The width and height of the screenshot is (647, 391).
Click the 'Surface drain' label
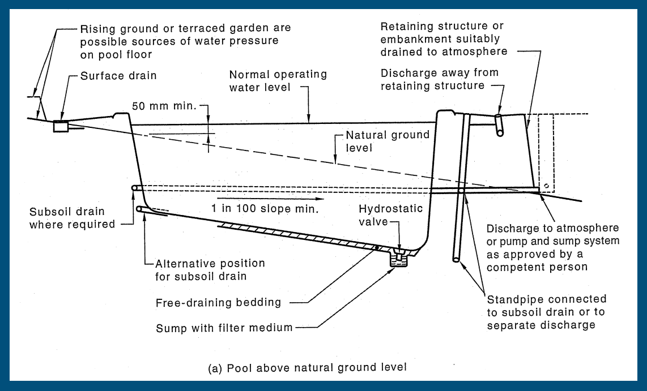(x=118, y=75)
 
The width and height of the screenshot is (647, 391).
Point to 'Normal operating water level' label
(x=278, y=81)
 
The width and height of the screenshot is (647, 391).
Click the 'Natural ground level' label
(x=388, y=141)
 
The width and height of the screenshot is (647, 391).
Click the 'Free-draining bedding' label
(x=218, y=302)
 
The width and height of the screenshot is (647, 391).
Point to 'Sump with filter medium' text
(x=224, y=327)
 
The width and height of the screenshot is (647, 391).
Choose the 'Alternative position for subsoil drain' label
(x=210, y=270)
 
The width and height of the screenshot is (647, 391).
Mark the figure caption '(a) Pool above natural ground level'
(x=307, y=368)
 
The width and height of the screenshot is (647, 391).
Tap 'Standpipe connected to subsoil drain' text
(x=546, y=312)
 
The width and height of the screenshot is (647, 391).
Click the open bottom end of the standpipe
(x=456, y=260)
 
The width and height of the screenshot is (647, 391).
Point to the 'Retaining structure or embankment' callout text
(x=444, y=39)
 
